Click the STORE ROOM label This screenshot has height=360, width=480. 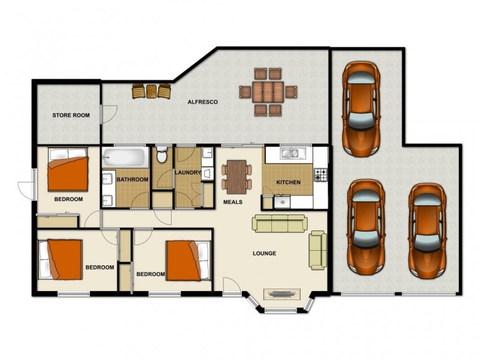tap(71, 115)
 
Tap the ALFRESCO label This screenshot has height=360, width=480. tap(203, 102)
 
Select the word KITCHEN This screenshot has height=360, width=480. tap(289, 182)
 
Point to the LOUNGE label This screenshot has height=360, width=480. tap(265, 253)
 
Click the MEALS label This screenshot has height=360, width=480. tap(233, 202)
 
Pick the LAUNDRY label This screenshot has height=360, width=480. tap(188, 173)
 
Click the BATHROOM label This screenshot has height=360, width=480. tap(133, 179)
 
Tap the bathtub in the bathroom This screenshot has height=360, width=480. tap(124, 157)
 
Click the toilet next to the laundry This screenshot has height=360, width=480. tap(161, 155)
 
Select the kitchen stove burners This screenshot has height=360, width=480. tap(320, 175)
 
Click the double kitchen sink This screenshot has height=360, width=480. tap(293, 153)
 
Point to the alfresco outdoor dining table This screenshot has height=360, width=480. tap(268, 92)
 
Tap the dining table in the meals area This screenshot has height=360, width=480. tap(236, 177)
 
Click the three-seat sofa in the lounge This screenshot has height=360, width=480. tap(280, 223)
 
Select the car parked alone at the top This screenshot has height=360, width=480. tap(361, 109)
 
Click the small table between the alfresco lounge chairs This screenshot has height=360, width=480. tap(151, 92)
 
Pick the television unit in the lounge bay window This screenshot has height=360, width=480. tap(282, 295)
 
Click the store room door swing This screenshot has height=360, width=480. tap(109, 114)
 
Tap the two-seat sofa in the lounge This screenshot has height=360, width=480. tap(317, 250)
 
